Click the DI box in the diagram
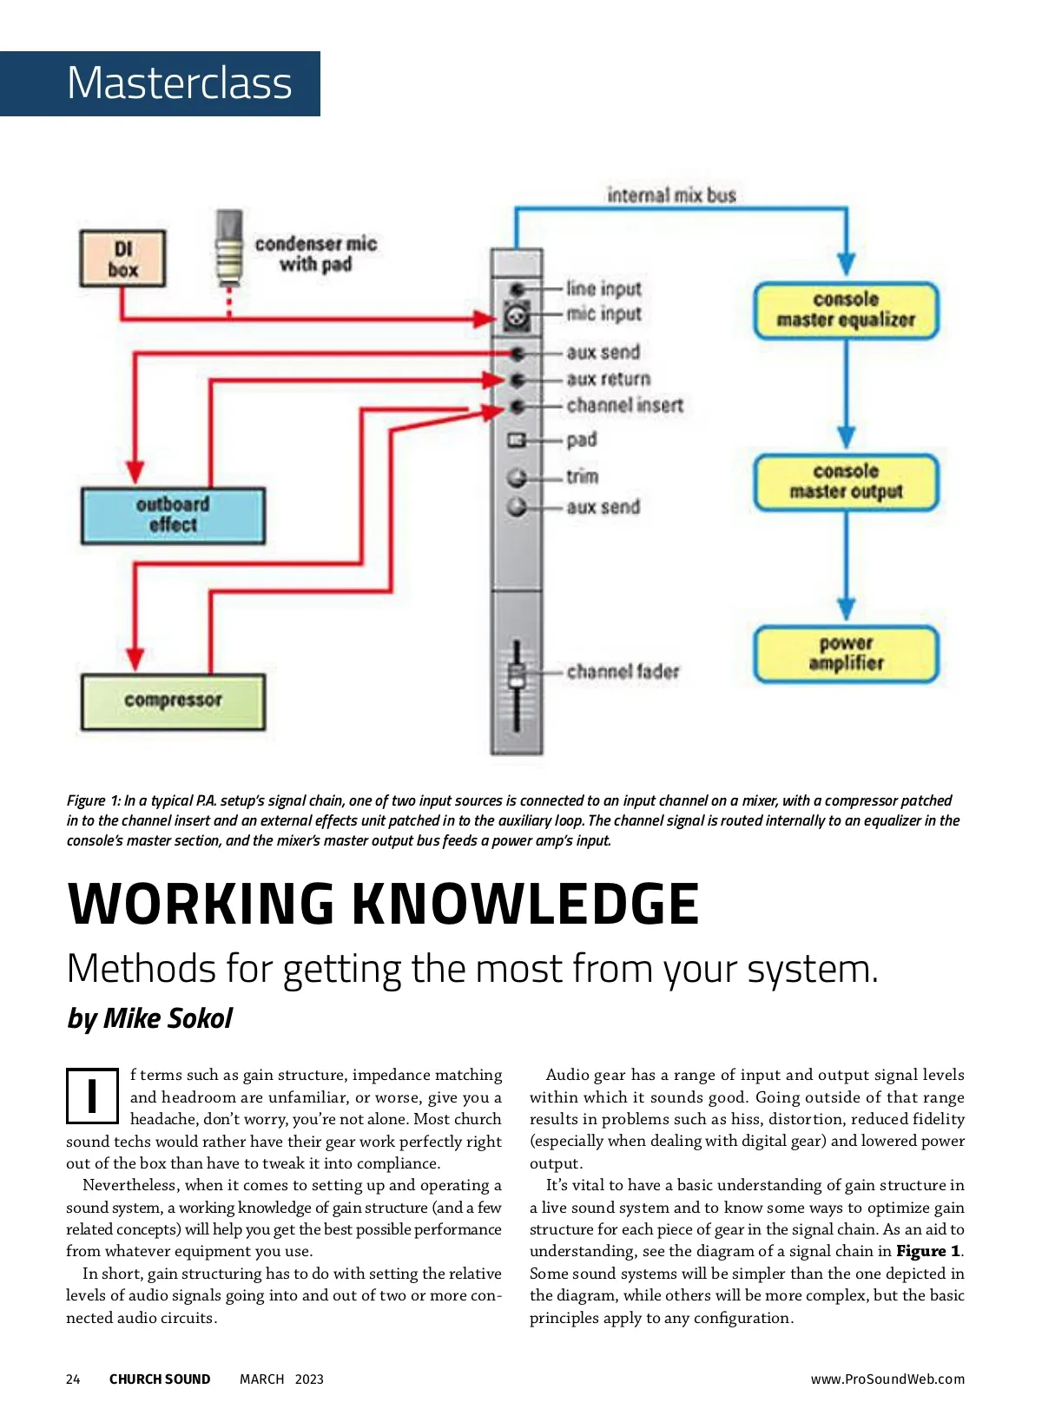point(122,258)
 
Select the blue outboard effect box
point(173,515)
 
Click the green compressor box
point(173,701)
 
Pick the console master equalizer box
point(846,310)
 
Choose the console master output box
point(846,482)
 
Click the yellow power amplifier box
point(846,654)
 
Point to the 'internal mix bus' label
point(671,195)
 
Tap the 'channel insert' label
point(624,405)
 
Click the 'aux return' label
point(608,379)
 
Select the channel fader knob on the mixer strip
point(517,675)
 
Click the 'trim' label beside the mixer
point(582,477)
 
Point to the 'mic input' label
point(603,314)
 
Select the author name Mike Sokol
point(168,1018)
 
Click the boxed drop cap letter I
point(92,1095)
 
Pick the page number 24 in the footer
point(73,1379)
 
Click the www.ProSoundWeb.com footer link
point(887,1379)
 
